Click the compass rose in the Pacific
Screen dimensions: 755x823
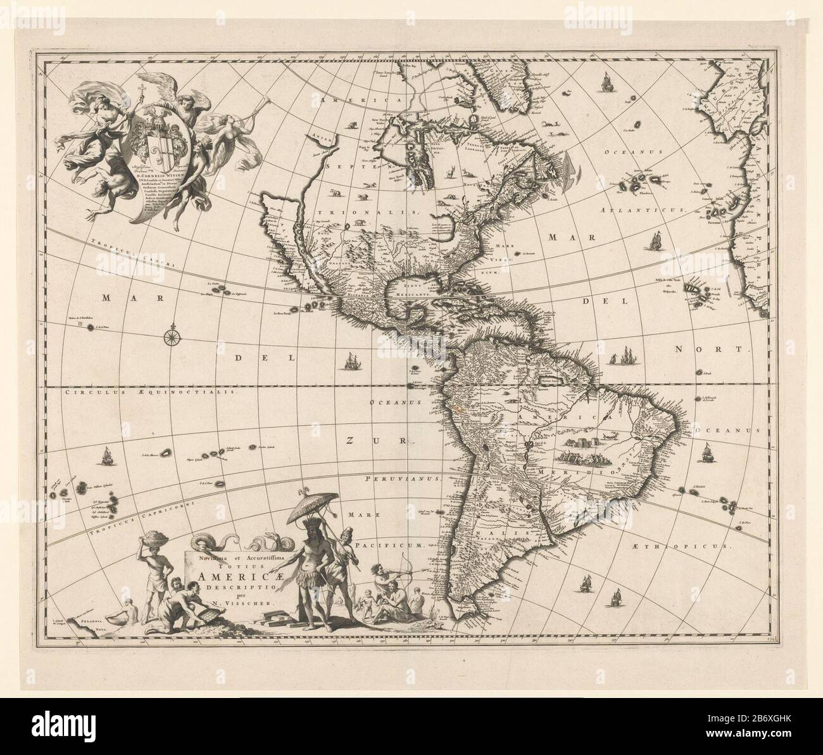click(172, 336)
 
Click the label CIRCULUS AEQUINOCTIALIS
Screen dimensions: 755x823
click(151, 393)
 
